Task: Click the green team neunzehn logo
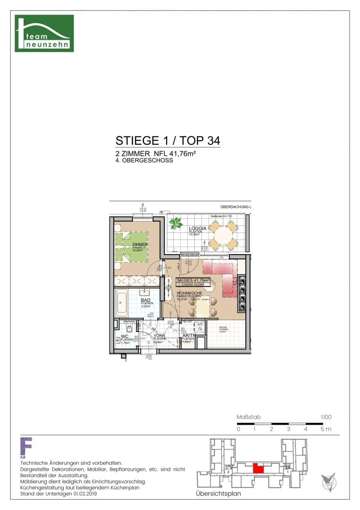pos(44,33)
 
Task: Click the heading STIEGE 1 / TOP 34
pos(167,141)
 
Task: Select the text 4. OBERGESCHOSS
pos(144,161)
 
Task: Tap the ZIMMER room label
pos(136,244)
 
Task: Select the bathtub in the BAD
pos(122,303)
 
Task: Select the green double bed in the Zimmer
pos(135,243)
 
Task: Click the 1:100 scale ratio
pos(326,417)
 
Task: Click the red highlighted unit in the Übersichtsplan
pos(259,468)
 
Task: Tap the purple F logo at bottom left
pos(26,446)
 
